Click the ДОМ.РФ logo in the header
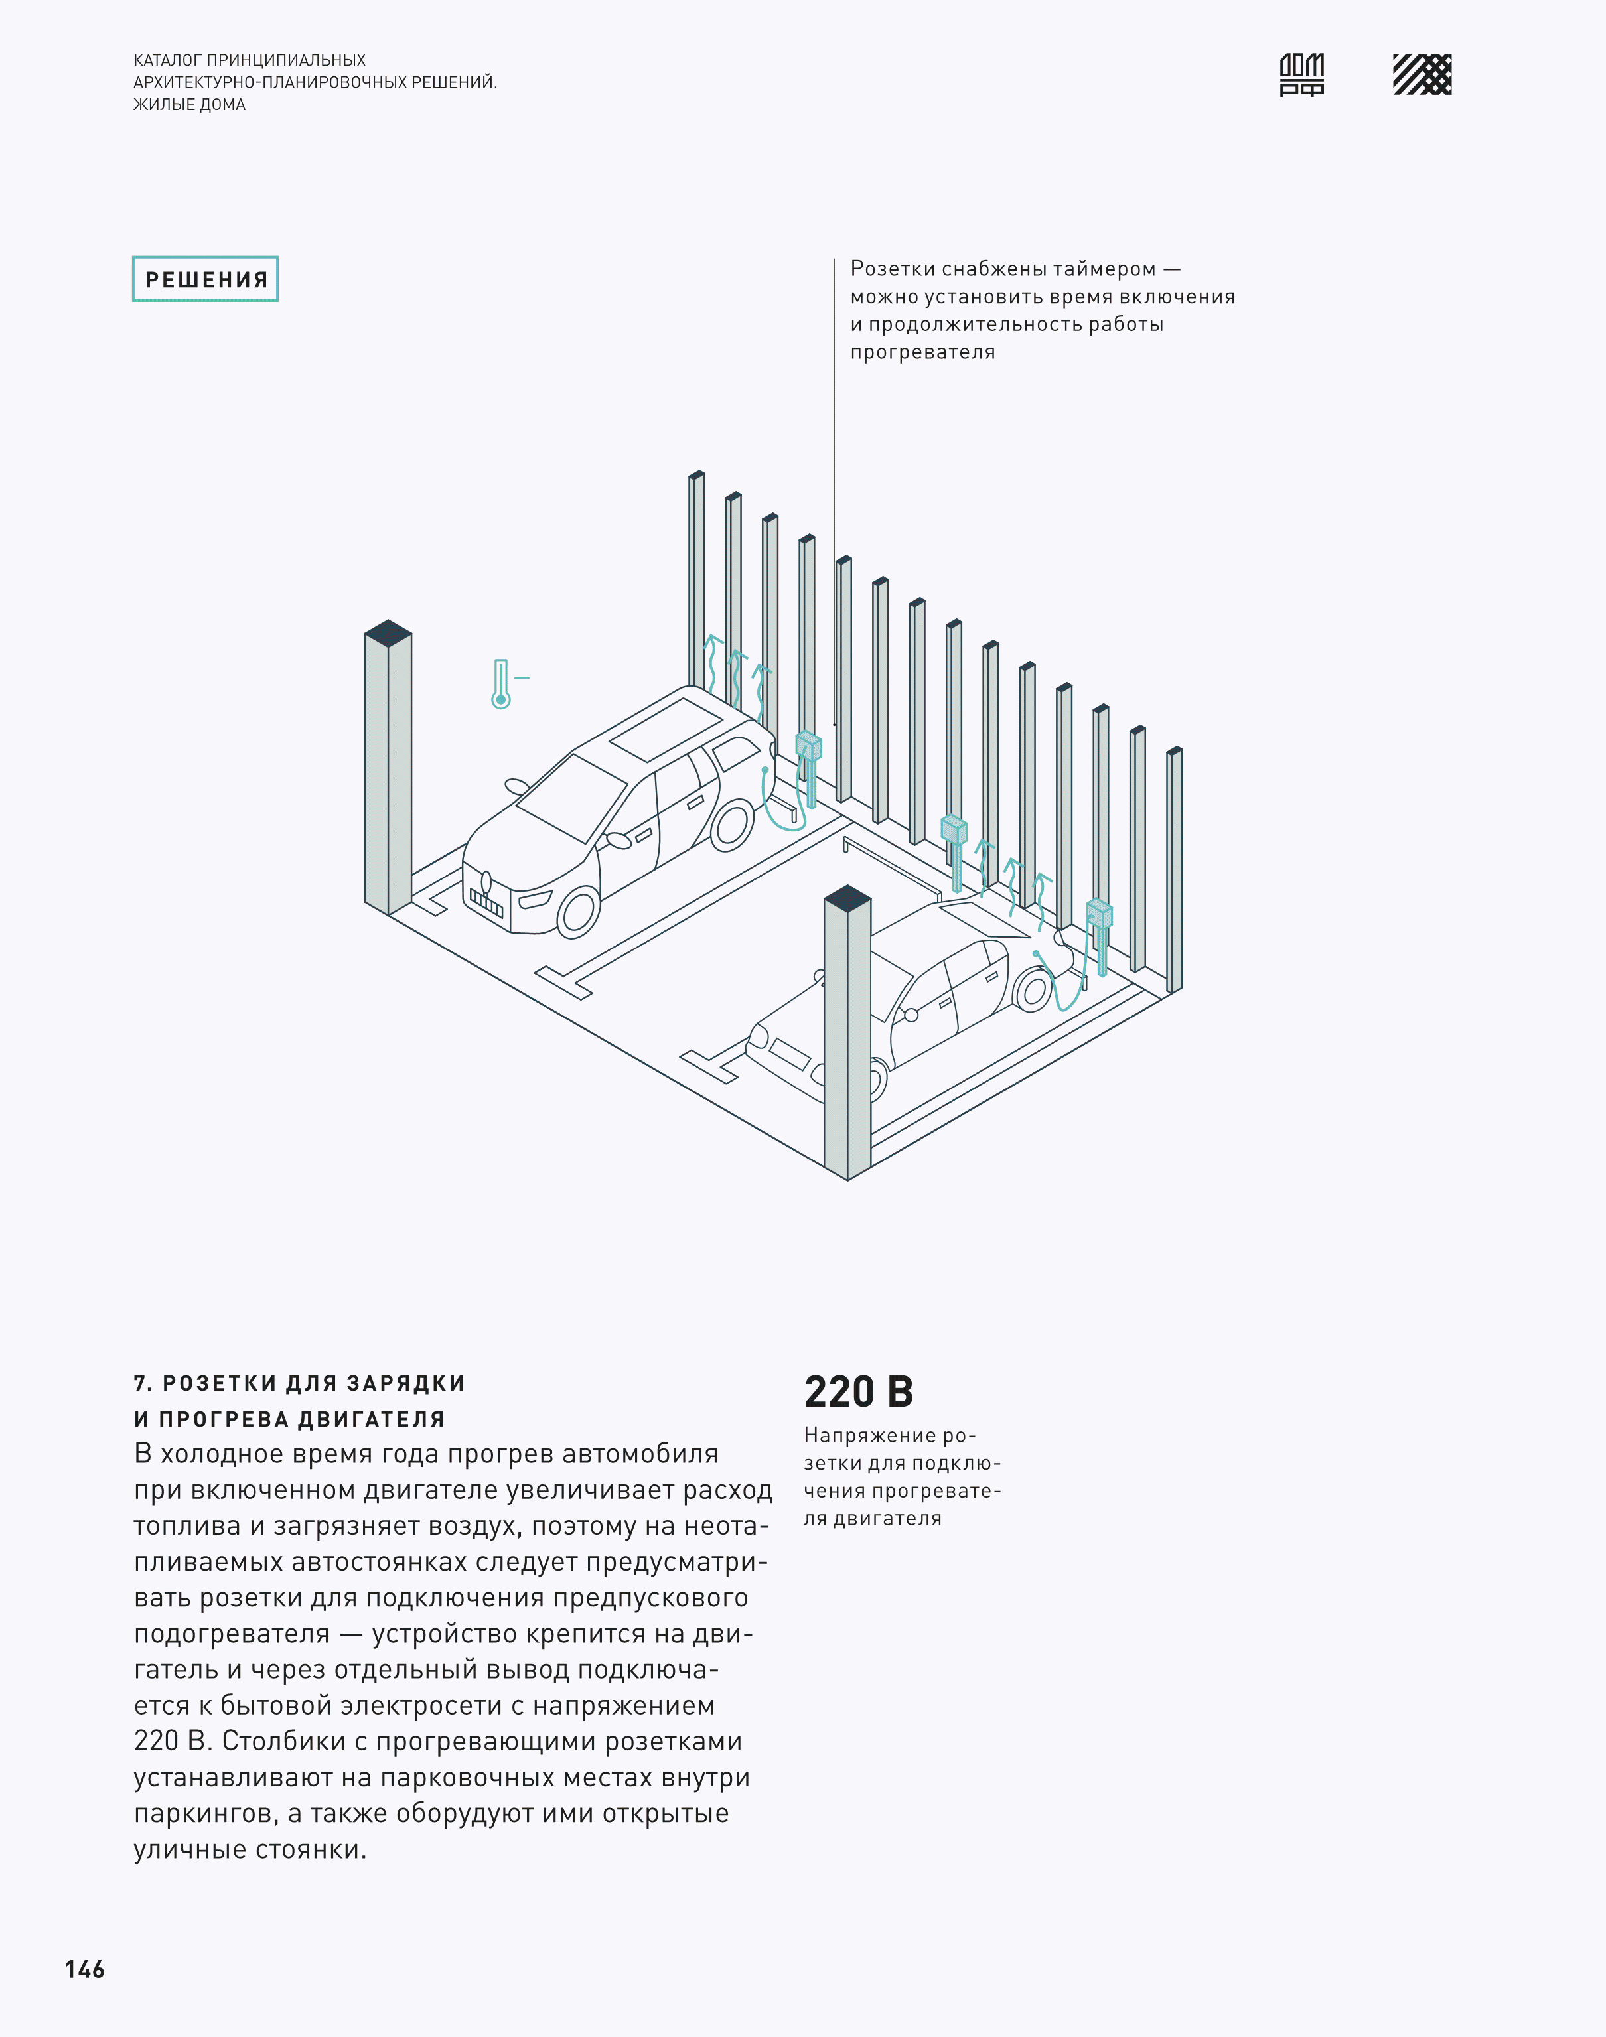pyautogui.click(x=1301, y=74)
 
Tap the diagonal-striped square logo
pyautogui.click(x=1422, y=74)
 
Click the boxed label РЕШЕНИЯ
pyautogui.click(x=206, y=279)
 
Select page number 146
pyautogui.click(x=85, y=1969)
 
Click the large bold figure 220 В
pyautogui.click(x=859, y=1391)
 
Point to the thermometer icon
pyautogui.click(x=501, y=683)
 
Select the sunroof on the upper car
pyautogui.click(x=666, y=729)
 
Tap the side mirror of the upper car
pyautogui.click(x=516, y=786)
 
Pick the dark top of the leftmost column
pyautogui.click(x=388, y=632)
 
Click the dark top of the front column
pyautogui.click(x=847, y=898)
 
